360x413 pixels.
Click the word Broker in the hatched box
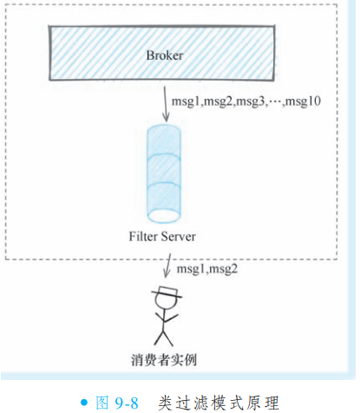(165, 56)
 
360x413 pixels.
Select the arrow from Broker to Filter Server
(165, 104)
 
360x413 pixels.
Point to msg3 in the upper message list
(251, 102)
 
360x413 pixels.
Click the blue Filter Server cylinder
(164, 174)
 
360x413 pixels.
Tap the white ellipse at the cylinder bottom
(164, 215)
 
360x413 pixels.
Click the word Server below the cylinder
(179, 237)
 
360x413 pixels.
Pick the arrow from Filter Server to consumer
(167, 265)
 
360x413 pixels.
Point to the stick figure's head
(166, 300)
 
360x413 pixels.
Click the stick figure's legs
(163, 338)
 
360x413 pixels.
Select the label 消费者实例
(164, 360)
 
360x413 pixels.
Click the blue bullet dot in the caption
(84, 403)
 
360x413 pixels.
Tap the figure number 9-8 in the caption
(127, 403)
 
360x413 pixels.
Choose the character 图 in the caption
(102, 403)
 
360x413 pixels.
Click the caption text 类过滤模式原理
(219, 403)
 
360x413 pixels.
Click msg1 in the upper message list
(187, 102)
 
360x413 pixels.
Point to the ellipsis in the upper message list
(276, 102)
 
